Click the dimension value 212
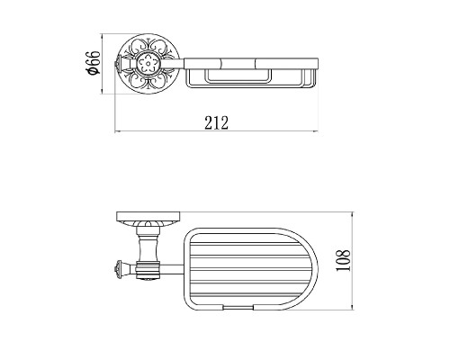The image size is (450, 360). (216, 122)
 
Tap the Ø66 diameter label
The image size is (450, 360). (93, 63)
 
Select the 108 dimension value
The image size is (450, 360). (343, 260)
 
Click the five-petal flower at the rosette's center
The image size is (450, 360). (148, 64)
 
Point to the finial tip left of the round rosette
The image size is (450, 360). (117, 64)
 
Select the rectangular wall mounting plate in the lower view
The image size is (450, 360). (148, 217)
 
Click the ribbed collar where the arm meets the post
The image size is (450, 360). (148, 270)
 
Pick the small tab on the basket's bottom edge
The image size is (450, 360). (238, 308)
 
